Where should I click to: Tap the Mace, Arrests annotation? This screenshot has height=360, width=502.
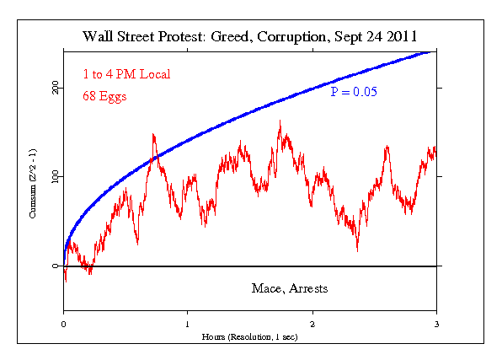pyautogui.click(x=290, y=288)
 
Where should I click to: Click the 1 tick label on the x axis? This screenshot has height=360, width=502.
pyautogui.click(x=188, y=324)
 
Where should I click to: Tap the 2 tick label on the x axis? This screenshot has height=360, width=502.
pyautogui.click(x=312, y=324)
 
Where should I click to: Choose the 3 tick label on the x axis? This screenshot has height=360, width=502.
pyautogui.click(x=437, y=324)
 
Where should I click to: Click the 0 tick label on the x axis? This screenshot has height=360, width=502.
pyautogui.click(x=64, y=324)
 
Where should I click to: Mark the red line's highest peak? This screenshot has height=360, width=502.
pyautogui.click(x=280, y=121)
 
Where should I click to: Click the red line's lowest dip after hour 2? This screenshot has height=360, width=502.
pyautogui.click(x=357, y=250)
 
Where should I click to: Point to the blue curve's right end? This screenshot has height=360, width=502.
pyautogui.click(x=430, y=51)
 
